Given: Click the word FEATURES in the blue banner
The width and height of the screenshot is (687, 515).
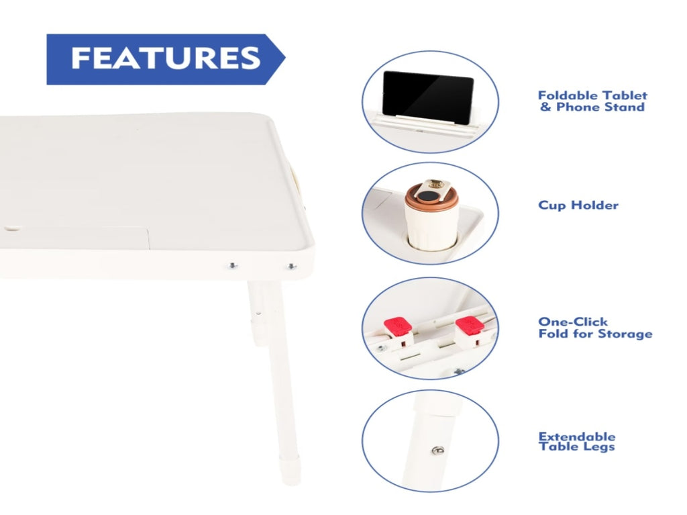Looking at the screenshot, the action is pos(166,58).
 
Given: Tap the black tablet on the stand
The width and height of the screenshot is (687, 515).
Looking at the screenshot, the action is pos(427,97).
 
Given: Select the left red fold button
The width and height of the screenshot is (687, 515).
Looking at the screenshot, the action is pos(398,327).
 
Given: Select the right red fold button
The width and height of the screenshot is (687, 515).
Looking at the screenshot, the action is pos(469,326).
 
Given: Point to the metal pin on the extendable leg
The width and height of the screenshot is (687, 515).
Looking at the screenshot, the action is pos(437,450).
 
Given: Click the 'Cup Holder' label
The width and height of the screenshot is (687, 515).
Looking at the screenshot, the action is pos(578,205).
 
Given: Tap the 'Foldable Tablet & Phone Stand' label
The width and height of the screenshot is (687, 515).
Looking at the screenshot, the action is pos(592,101).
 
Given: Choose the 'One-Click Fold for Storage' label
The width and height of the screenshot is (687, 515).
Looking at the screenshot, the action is pos(595,328).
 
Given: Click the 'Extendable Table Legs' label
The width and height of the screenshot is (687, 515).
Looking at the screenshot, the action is pos(576,442).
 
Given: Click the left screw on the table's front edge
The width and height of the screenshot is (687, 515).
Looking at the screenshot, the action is pos(232,265).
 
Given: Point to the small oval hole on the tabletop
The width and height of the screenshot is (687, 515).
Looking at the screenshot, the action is pos(13,228).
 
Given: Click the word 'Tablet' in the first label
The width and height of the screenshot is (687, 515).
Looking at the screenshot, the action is pos(625,95).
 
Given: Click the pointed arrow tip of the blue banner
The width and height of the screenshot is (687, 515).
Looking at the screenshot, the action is pos(284,58).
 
